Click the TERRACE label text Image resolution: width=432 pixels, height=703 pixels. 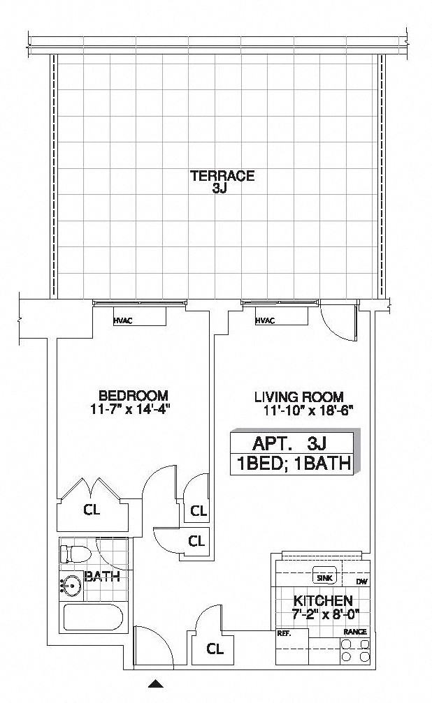tap(222, 175)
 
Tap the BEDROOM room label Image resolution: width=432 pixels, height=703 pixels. tap(134, 395)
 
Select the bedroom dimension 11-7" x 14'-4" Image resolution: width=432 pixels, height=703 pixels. tap(131, 409)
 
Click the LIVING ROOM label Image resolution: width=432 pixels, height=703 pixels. tap(299, 397)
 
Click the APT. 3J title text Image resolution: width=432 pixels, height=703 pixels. tap(289, 443)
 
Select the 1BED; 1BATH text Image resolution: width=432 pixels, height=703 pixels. tap(294, 464)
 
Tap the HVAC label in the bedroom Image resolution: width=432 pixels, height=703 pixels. tap(123, 320)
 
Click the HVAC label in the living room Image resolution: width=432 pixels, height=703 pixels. tap(264, 320)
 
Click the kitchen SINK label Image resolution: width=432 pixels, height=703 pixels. tap(324, 578)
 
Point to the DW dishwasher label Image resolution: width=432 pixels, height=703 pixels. tap(361, 582)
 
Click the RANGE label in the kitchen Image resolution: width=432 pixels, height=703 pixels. tap(355, 632)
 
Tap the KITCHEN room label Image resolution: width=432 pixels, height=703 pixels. tap(323, 600)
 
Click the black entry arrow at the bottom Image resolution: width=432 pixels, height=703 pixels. tap(156, 683)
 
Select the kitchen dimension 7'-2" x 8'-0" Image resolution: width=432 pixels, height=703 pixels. tap(325, 614)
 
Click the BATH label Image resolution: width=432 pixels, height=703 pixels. tap(103, 576)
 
